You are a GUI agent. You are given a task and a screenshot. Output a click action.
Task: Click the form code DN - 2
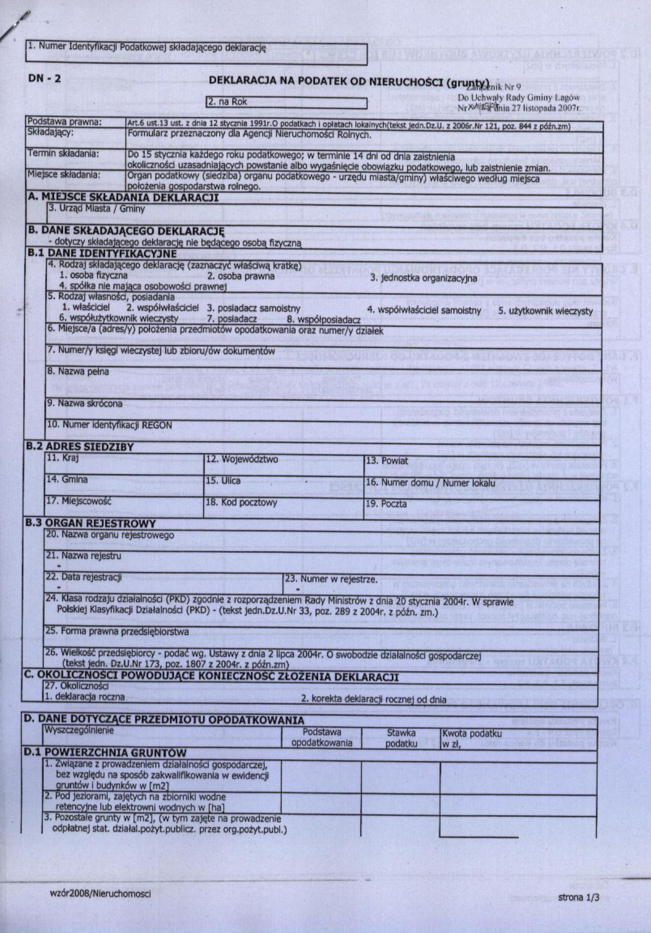click(x=45, y=79)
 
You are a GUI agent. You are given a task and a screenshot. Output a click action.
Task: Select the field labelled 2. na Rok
click(x=286, y=102)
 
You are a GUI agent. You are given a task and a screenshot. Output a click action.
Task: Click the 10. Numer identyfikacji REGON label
click(x=109, y=425)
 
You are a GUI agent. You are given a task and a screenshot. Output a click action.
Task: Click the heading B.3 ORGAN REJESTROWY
click(x=91, y=523)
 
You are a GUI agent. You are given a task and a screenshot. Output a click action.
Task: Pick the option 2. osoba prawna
click(x=240, y=276)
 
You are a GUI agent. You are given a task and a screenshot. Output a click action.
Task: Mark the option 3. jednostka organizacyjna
click(x=423, y=278)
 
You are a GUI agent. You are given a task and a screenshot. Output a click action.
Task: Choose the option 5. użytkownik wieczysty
click(x=545, y=311)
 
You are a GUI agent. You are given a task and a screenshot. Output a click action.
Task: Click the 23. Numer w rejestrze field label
click(x=331, y=579)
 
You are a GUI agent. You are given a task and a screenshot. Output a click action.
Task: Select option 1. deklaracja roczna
click(x=86, y=697)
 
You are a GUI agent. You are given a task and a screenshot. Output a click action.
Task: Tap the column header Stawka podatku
click(x=401, y=738)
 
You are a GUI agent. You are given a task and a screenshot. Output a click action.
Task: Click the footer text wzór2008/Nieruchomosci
click(x=100, y=894)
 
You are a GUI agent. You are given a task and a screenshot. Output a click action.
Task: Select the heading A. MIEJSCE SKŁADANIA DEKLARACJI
click(x=124, y=197)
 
